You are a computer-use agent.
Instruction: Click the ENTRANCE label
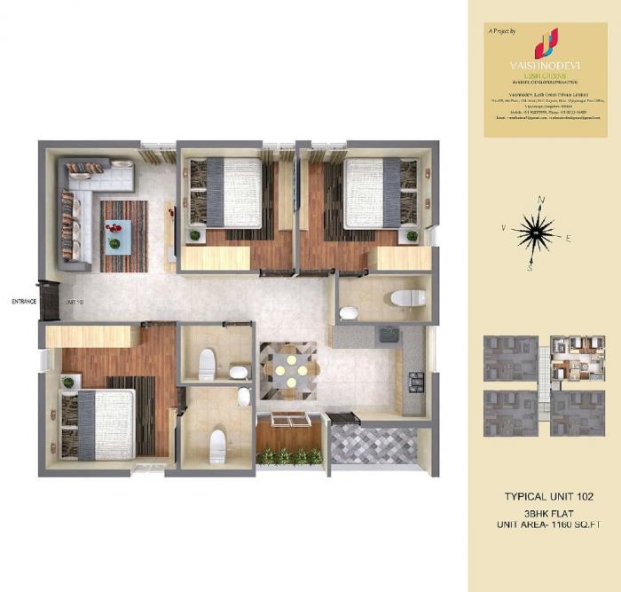click(24, 302)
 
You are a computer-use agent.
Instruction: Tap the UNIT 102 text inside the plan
click(75, 302)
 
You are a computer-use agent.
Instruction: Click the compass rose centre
click(534, 233)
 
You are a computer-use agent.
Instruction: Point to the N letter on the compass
click(541, 201)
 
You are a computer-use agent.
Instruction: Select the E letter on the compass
click(569, 238)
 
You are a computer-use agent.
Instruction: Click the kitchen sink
click(388, 336)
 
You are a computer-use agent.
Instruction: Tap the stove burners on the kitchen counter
click(413, 383)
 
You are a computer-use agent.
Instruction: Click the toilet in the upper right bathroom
click(408, 298)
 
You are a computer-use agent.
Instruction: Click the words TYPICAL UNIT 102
click(547, 495)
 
